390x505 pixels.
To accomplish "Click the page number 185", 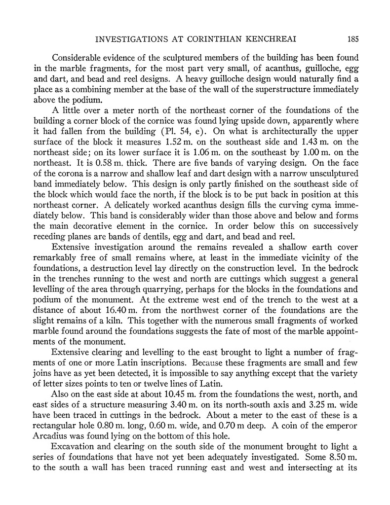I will (x=352, y=38).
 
